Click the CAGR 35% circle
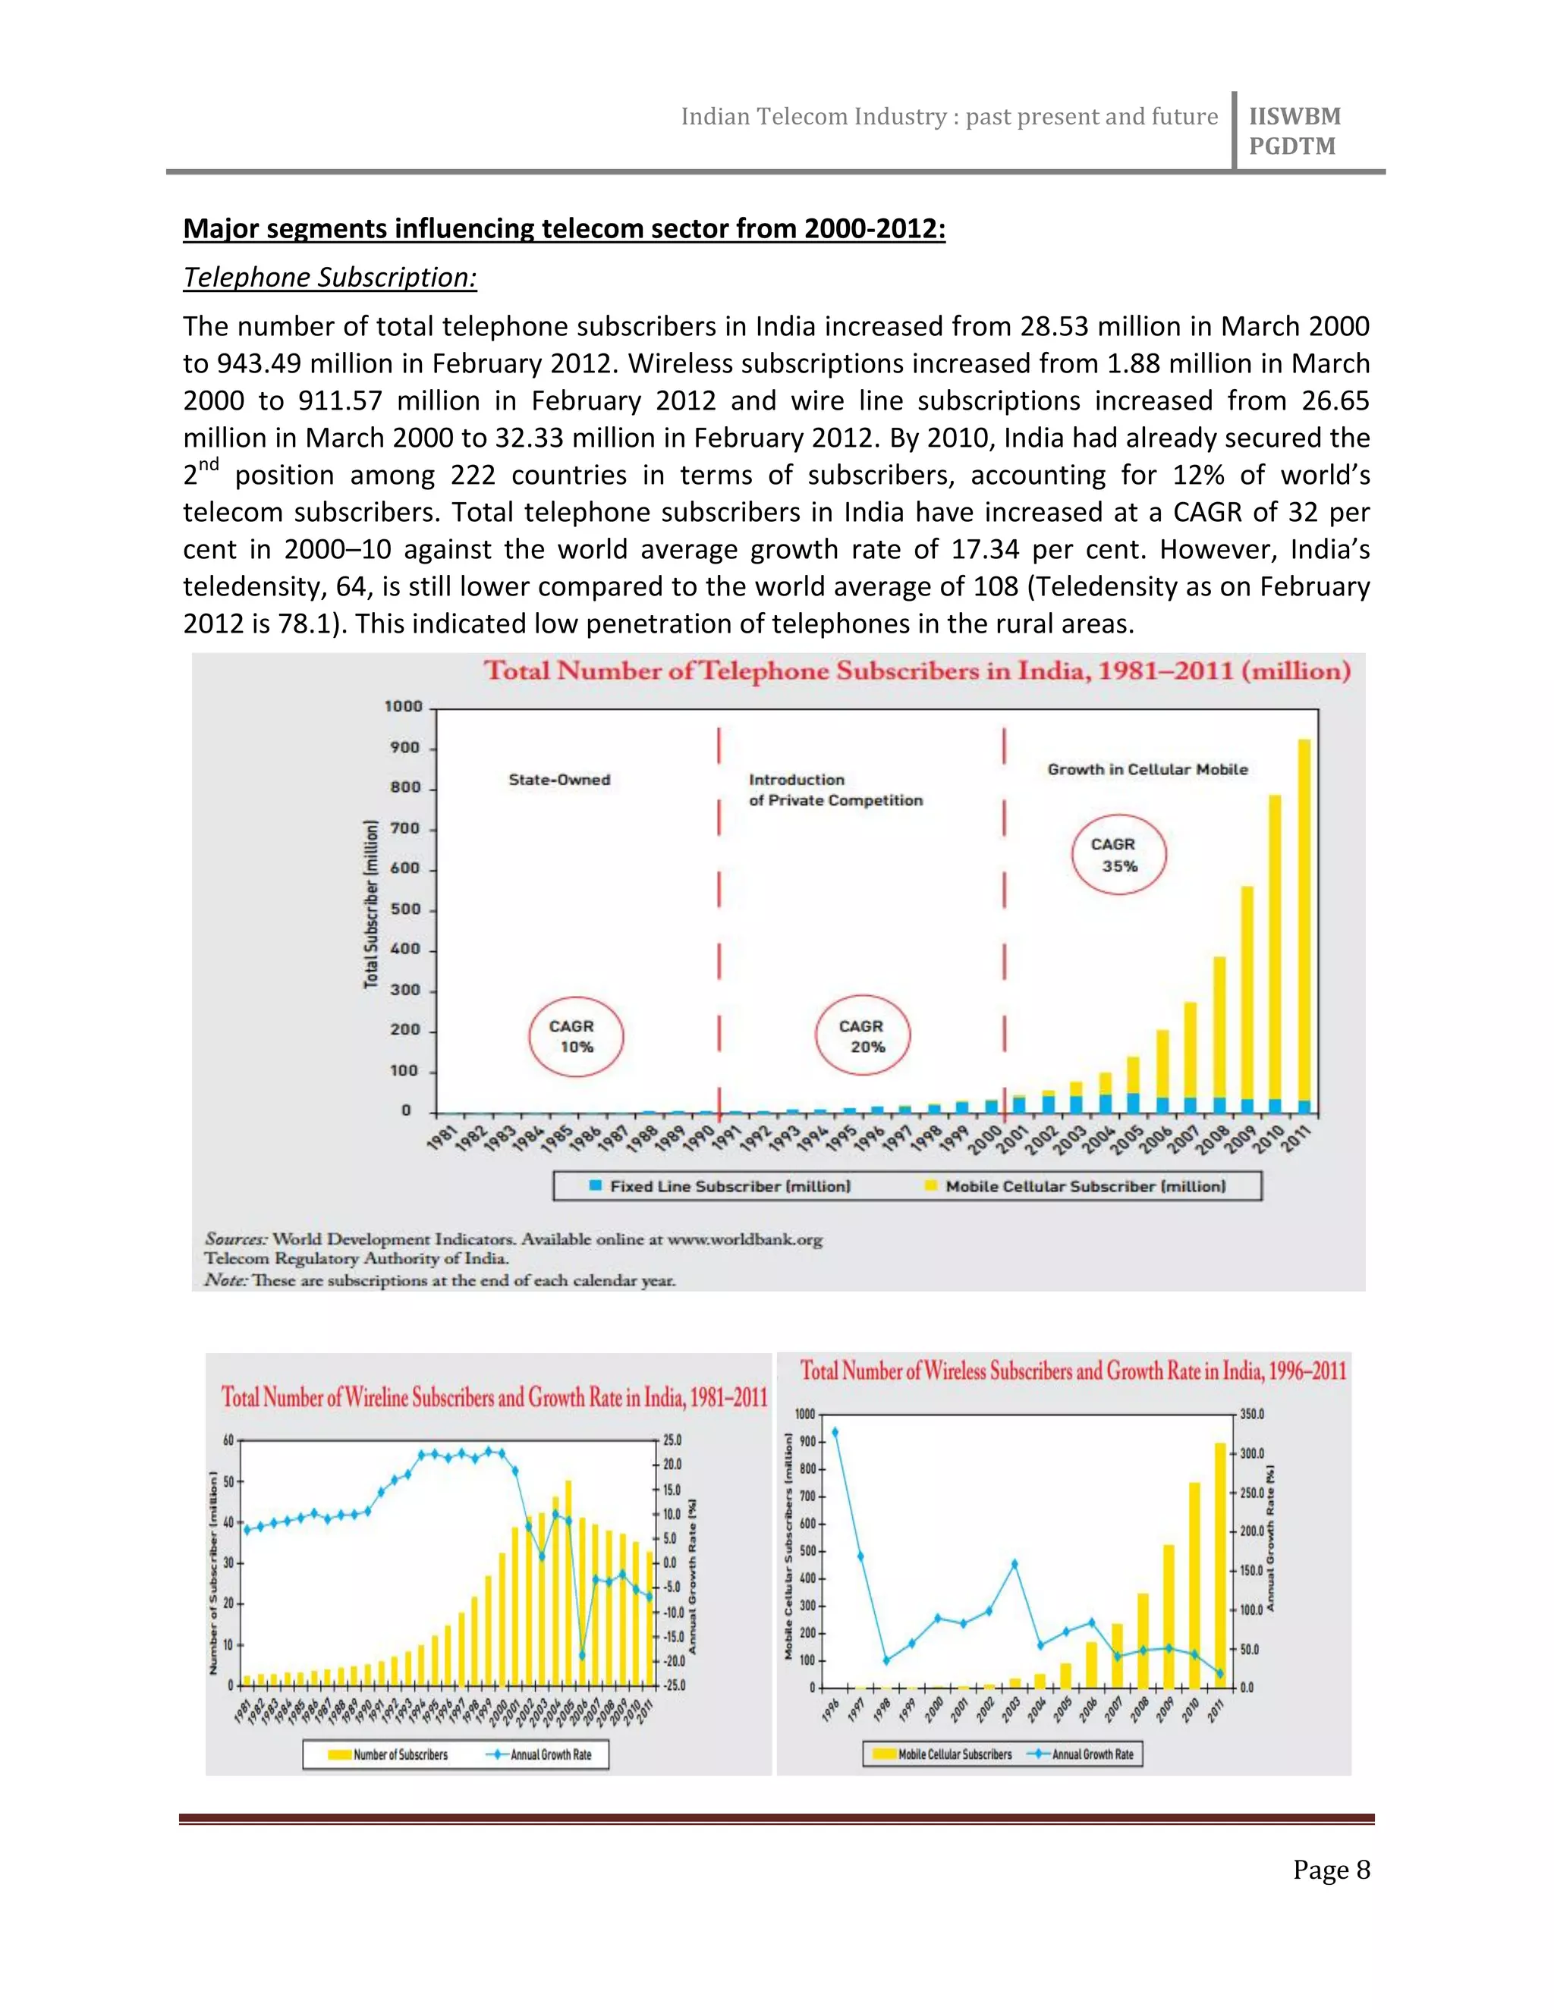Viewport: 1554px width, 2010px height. click(x=1118, y=855)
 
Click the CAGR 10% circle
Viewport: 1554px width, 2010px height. click(x=575, y=1036)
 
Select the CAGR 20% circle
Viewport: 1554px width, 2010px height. click(x=863, y=1036)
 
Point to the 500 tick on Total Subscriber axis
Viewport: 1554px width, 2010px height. click(x=405, y=909)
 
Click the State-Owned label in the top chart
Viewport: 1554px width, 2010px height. click(x=558, y=780)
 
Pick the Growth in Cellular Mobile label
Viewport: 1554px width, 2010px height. click(x=1147, y=769)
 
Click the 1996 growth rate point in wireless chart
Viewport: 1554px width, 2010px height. click(x=835, y=1432)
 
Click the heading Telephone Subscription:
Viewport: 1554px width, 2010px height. click(x=329, y=277)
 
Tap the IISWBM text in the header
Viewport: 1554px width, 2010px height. click(x=1294, y=117)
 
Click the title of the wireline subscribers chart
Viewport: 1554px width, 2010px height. click(x=495, y=1397)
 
